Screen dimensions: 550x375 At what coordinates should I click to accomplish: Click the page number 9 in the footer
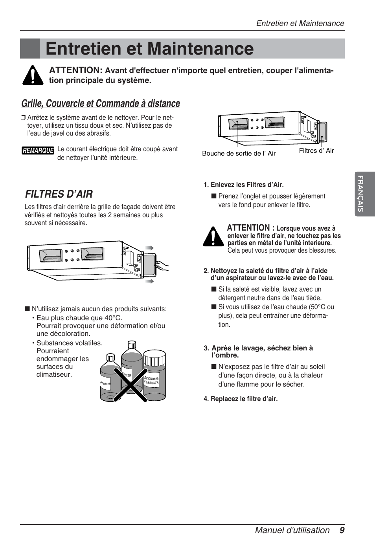pyautogui.click(x=342, y=530)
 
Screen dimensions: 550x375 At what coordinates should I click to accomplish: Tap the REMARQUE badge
pyautogui.click(x=38, y=150)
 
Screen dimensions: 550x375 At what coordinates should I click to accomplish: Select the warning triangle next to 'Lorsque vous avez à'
pyautogui.click(x=213, y=237)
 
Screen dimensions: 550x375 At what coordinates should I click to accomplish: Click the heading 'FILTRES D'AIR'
pyautogui.click(x=59, y=194)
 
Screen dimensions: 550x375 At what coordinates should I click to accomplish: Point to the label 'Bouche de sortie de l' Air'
pyautogui.click(x=239, y=154)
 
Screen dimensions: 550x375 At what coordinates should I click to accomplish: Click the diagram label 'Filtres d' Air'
pyautogui.click(x=316, y=151)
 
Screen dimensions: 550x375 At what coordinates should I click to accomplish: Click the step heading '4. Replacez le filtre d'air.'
pyautogui.click(x=241, y=399)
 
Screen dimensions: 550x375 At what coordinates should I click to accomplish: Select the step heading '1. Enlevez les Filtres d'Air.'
pyautogui.click(x=243, y=185)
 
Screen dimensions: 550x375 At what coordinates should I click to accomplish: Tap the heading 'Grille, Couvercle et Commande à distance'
pyautogui.click(x=101, y=103)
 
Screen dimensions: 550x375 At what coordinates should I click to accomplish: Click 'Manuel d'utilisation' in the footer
pyautogui.click(x=292, y=530)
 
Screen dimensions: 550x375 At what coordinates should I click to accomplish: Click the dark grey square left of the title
pyautogui.click(x=30, y=49)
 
